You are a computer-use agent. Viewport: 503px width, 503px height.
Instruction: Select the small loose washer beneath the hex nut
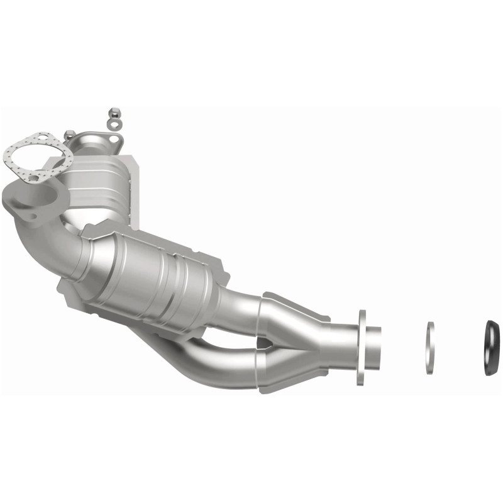tap(113, 123)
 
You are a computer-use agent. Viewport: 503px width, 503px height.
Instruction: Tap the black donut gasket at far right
tap(492, 342)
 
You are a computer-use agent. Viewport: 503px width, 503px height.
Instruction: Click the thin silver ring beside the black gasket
tap(430, 348)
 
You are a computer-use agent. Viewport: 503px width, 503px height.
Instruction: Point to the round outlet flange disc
tap(362, 347)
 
